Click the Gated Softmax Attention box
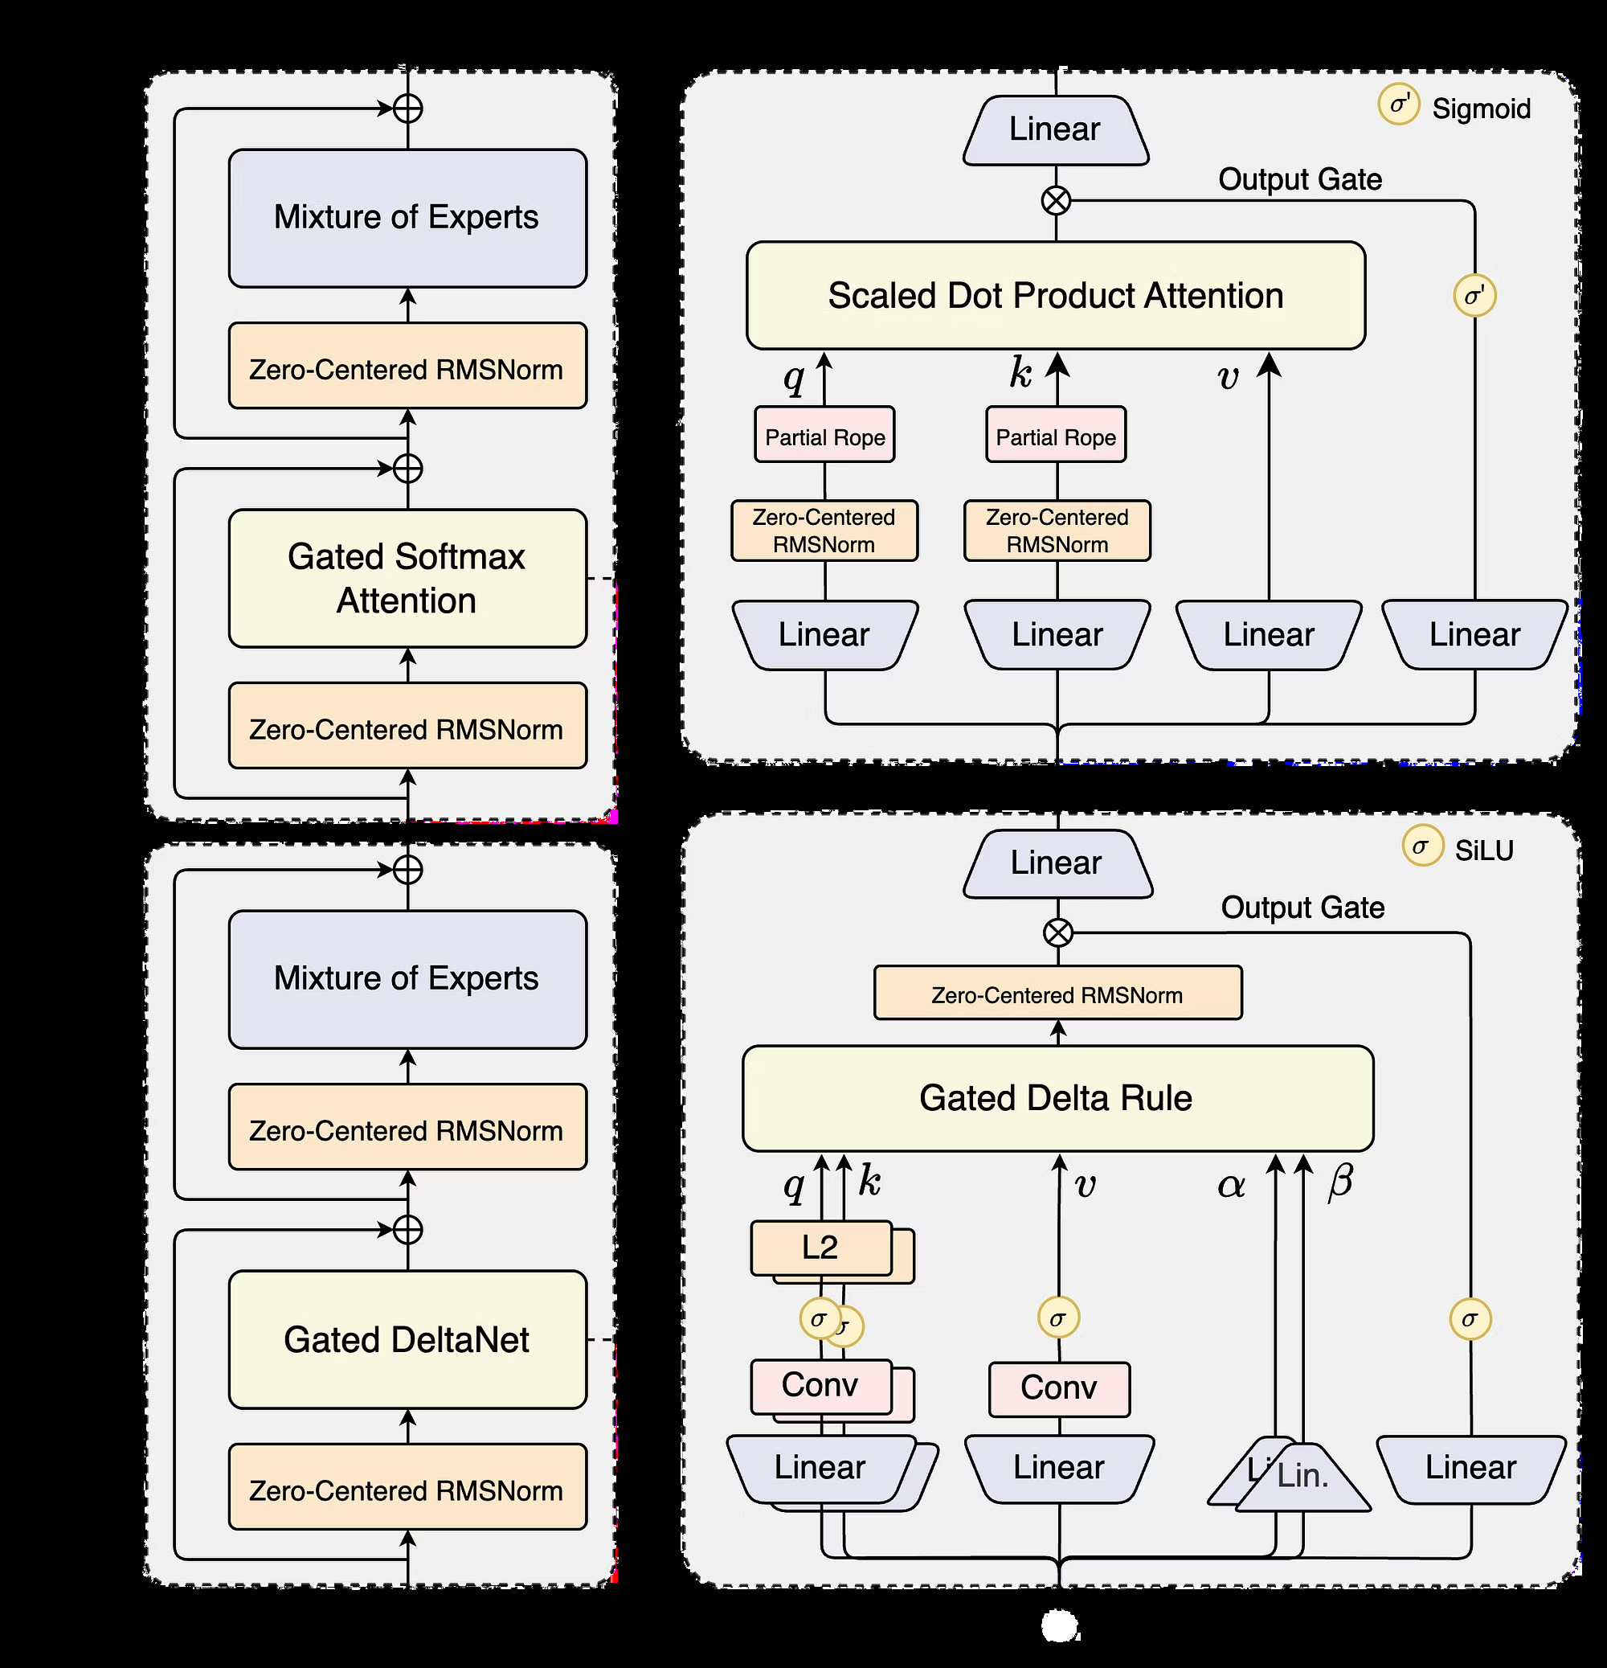click(407, 578)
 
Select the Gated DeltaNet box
click(407, 1339)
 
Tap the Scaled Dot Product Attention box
click(1056, 295)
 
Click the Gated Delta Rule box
click(1057, 1098)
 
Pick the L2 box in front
click(820, 1248)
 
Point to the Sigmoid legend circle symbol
click(1399, 105)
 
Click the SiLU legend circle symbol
click(1422, 846)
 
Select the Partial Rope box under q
click(824, 436)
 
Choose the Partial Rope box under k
click(1056, 436)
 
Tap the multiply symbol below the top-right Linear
click(1056, 201)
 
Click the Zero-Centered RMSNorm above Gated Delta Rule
click(1057, 994)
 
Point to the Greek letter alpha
click(1231, 1186)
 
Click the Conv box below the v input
click(1059, 1388)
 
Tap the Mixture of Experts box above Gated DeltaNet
click(407, 978)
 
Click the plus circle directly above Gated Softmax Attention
click(408, 468)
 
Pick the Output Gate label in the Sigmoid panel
click(1300, 179)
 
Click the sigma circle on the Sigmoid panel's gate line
click(1474, 296)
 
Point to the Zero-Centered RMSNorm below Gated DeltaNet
click(407, 1490)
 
